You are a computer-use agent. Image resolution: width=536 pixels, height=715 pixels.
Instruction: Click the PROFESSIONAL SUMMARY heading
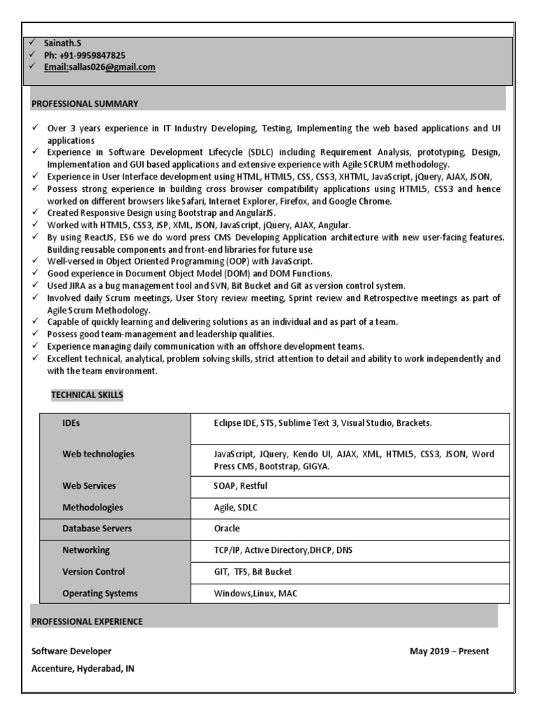point(84,103)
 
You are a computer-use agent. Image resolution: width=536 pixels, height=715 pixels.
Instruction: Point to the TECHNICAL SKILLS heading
point(87,395)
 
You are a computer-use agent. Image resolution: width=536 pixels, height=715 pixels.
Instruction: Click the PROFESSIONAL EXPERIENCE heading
point(87,621)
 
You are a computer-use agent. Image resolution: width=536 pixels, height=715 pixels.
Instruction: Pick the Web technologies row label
point(98,454)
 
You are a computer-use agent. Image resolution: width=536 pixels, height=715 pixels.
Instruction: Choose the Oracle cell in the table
point(227,529)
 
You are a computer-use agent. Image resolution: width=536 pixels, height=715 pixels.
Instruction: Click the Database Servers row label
point(97,529)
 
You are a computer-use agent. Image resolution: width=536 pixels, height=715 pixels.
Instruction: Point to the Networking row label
point(86,550)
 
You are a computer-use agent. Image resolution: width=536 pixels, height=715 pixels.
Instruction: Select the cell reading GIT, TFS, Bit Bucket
point(253,572)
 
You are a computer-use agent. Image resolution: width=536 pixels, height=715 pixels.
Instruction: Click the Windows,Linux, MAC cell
point(256,594)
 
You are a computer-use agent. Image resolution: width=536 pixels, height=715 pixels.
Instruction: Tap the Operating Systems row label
point(100,594)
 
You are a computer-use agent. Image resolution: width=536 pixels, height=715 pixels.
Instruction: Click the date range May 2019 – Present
point(449,651)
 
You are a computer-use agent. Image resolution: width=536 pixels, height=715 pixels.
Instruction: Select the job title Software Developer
point(71,651)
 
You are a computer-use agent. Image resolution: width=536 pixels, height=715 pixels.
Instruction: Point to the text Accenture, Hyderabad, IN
point(83,668)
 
